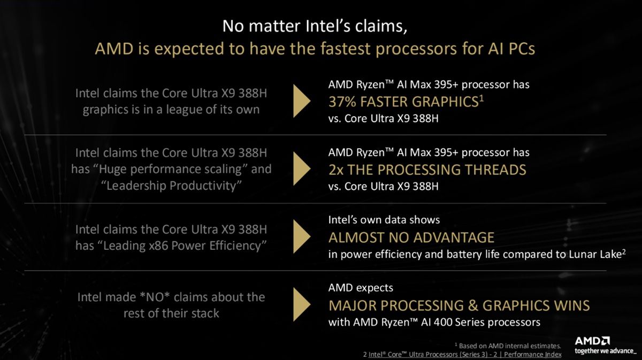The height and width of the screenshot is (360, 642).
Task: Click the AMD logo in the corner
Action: [593, 341]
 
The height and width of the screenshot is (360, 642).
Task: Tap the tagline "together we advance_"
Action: [605, 351]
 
